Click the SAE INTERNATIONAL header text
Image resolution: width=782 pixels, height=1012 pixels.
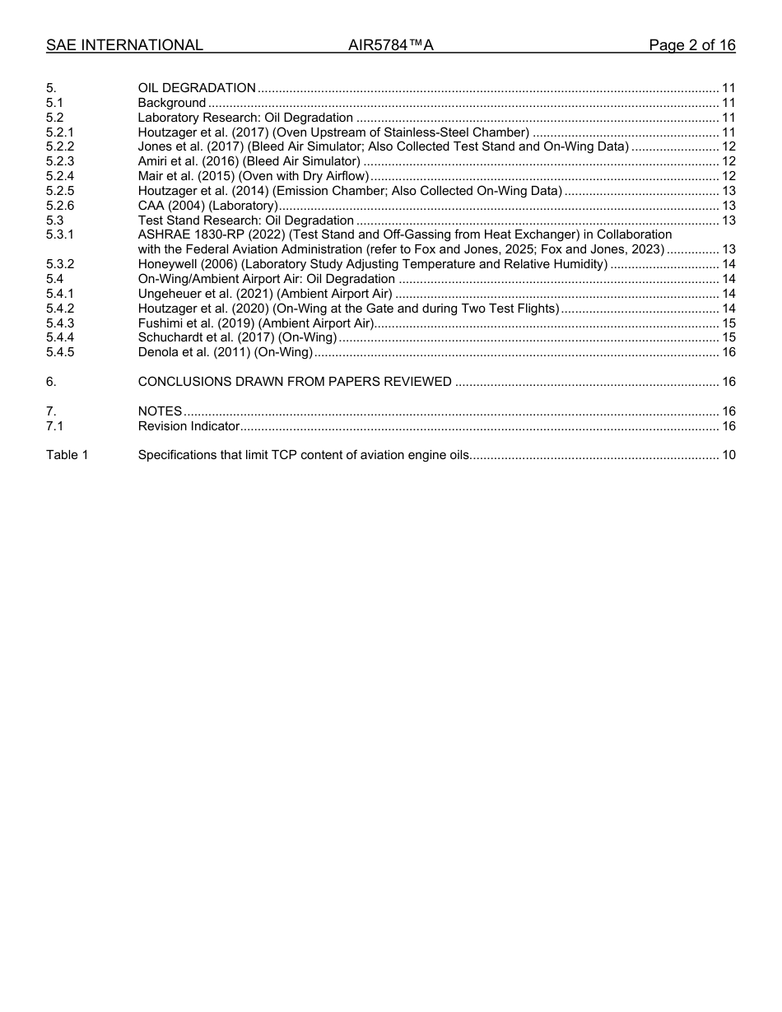pos(124,45)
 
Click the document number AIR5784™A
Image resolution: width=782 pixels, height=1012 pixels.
pos(391,45)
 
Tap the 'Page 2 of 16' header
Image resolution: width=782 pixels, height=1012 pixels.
pos(691,45)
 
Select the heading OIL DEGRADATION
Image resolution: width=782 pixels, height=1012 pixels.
pos(197,88)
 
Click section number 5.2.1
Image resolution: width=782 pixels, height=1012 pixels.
pos(60,132)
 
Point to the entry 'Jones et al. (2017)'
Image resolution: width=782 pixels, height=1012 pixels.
pos(190,147)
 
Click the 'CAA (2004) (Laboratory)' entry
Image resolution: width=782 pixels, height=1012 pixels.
pos(207,206)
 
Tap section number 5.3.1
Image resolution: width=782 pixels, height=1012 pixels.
pos(60,234)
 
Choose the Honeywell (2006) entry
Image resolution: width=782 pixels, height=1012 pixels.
pos(372,264)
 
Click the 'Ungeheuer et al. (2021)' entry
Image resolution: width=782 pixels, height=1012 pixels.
pos(264,294)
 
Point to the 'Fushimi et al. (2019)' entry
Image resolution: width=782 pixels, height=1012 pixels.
pos(256,323)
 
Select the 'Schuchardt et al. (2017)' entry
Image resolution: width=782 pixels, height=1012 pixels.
pos(237,337)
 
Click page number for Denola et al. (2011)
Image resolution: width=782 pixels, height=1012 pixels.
pos(728,352)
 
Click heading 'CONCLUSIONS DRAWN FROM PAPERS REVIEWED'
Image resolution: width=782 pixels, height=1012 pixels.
pos(295,382)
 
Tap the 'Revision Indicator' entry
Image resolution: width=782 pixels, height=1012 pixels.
pos(189,426)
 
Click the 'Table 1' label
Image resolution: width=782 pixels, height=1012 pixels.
pos(67,455)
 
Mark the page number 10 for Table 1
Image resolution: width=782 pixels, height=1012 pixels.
pos(728,455)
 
